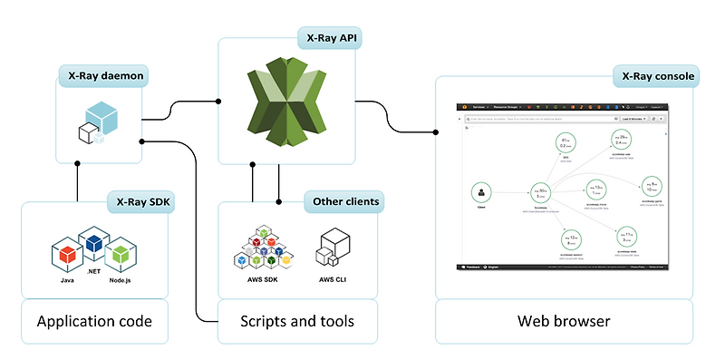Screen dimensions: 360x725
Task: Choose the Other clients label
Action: (x=344, y=201)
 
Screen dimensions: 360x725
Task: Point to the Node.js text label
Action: (x=121, y=282)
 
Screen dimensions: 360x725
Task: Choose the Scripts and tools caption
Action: (x=297, y=321)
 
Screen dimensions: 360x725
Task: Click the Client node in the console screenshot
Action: (x=481, y=192)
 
